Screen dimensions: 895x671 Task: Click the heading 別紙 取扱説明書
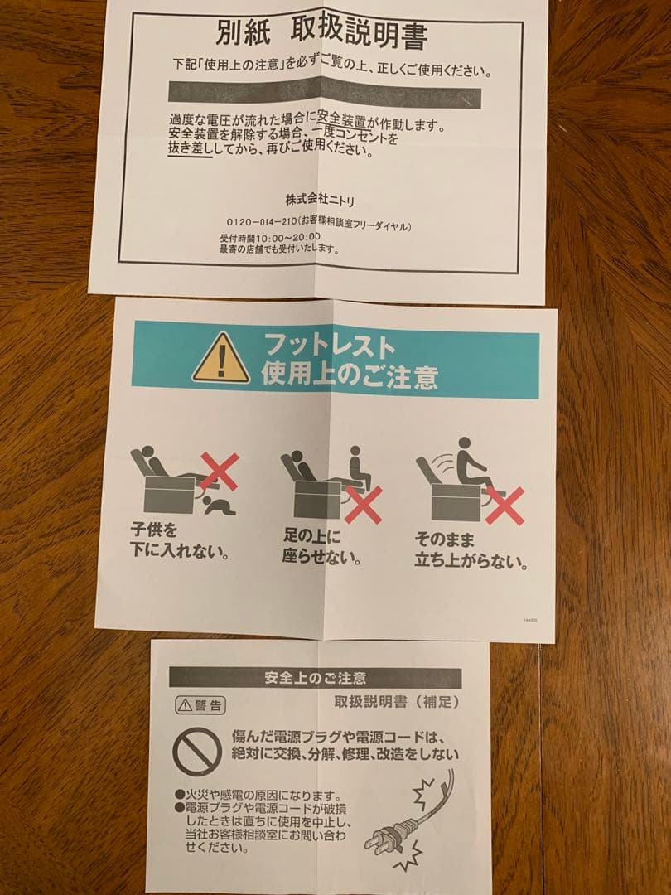[321, 34]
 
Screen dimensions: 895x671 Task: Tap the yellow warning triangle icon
[220, 360]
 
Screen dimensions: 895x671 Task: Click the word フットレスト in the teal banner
[329, 344]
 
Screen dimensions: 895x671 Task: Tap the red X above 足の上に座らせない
[363, 504]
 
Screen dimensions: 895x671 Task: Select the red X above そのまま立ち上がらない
[504, 505]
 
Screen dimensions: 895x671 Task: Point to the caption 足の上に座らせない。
[321, 546]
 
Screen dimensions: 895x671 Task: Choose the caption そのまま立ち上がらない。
[471, 550]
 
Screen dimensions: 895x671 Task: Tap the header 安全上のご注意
[315, 678]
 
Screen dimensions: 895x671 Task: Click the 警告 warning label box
[200, 706]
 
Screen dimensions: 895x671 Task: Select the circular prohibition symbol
[196, 752]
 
